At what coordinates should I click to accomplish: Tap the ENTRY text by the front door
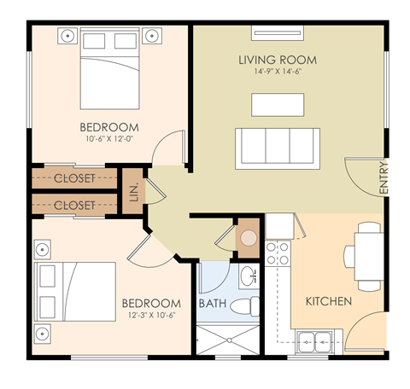384,180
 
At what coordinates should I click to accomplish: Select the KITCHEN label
329,301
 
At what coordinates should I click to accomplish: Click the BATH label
212,303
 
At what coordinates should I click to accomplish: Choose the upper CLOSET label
74,179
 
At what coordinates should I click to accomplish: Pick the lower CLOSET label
74,206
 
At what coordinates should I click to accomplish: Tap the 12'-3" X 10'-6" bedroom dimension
151,315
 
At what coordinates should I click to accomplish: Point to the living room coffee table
278,104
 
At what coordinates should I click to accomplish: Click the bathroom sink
247,276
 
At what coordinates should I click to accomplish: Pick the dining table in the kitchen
367,255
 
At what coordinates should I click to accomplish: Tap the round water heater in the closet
248,238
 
